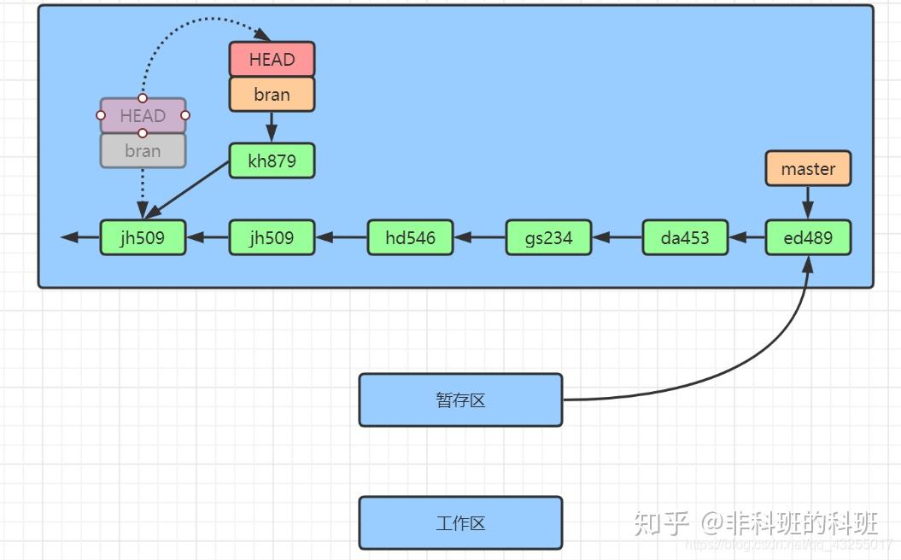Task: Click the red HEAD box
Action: [x=272, y=60]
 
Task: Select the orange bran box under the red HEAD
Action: [x=272, y=95]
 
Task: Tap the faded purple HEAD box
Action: [x=143, y=115]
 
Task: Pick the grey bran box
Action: [x=143, y=151]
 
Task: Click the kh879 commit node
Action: [x=272, y=160]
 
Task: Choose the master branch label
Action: [x=808, y=169]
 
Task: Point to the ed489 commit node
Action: [x=808, y=237]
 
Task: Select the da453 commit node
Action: [x=685, y=237]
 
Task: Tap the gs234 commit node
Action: [x=548, y=237]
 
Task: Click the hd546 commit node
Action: [x=410, y=237]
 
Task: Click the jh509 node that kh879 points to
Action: [x=143, y=237]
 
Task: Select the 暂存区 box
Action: [x=460, y=400]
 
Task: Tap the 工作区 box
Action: [x=460, y=522]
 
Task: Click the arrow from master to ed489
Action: [x=808, y=203]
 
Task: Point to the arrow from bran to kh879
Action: [x=272, y=127]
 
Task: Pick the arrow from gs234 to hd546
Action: [x=480, y=237]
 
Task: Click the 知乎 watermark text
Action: [x=660, y=522]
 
